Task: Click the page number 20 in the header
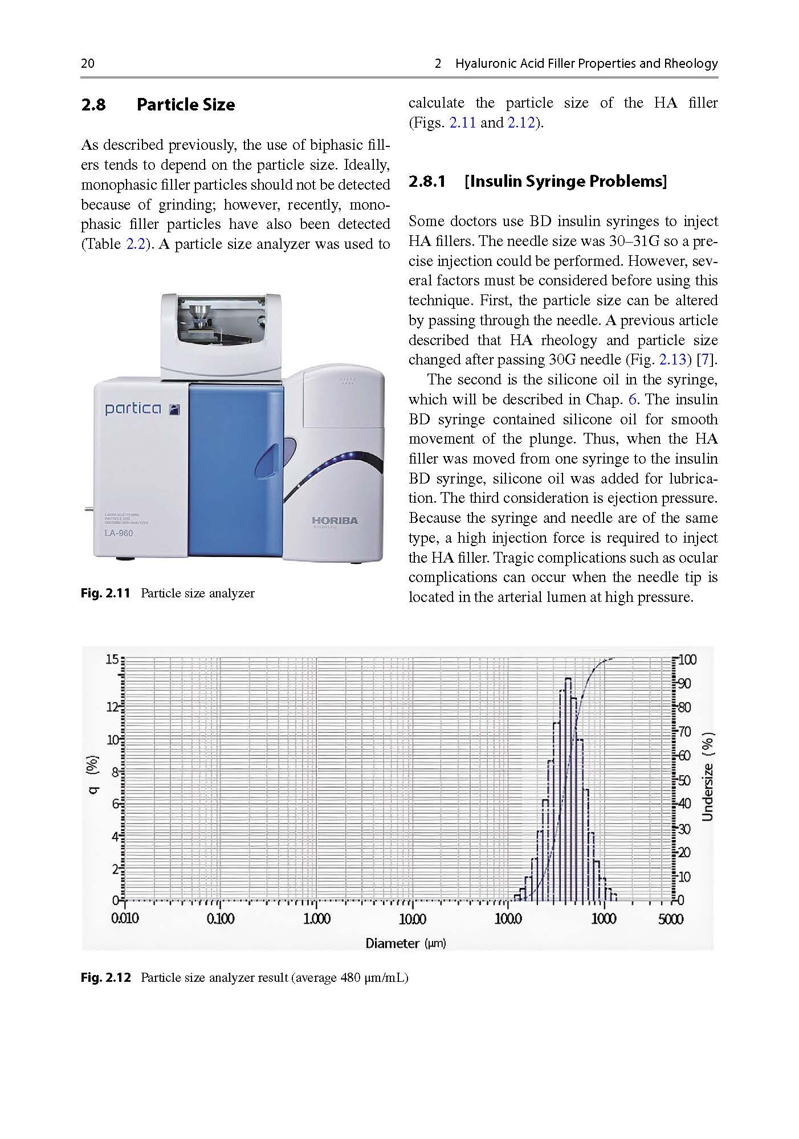tap(88, 63)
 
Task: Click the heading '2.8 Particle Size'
tap(158, 105)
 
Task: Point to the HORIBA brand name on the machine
tap(335, 521)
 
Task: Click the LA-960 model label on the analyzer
tap(119, 533)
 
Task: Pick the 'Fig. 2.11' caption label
tap(105, 593)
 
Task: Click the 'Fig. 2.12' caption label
tap(105, 978)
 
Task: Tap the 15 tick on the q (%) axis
tap(112, 660)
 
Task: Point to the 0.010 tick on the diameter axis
tap(125, 919)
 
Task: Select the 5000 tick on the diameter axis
tap(670, 919)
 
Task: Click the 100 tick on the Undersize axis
tap(687, 660)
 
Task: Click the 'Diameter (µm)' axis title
tap(405, 943)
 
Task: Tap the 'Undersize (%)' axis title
tap(708, 776)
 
